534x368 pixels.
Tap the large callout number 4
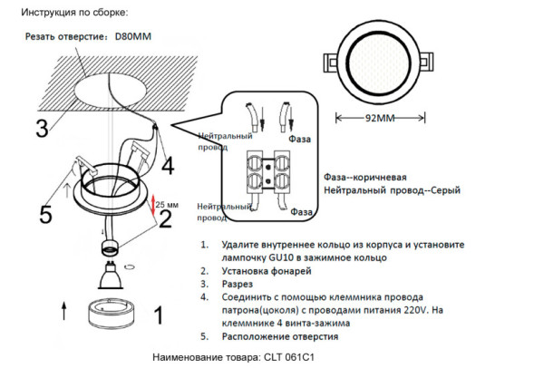click(x=167, y=166)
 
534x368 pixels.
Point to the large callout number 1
click(x=155, y=315)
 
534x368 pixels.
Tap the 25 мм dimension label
click(x=167, y=205)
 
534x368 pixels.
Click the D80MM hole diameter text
click(x=133, y=38)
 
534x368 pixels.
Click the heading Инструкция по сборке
click(x=73, y=13)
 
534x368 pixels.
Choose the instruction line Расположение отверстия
click(x=279, y=335)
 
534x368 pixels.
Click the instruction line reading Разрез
click(x=237, y=284)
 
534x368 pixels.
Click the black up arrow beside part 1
click(x=62, y=311)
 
